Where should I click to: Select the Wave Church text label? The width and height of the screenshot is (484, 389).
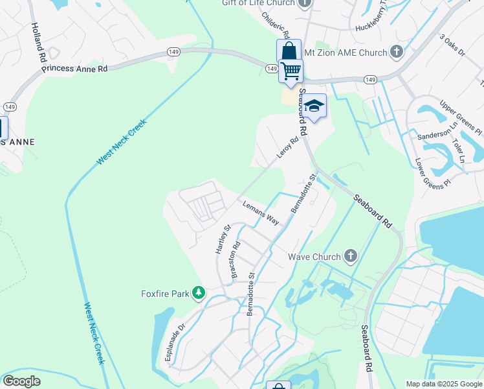pyautogui.click(x=314, y=257)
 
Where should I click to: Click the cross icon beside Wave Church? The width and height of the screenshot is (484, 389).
pyautogui.click(x=350, y=256)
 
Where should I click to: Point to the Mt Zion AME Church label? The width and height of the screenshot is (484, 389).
pyautogui.click(x=355, y=52)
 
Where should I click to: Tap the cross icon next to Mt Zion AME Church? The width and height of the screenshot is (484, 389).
pyautogui.click(x=397, y=52)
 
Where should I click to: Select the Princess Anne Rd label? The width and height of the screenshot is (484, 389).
pyautogui.click(x=76, y=67)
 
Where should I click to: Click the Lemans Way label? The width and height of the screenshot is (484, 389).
pyautogui.click(x=261, y=213)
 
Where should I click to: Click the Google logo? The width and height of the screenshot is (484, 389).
pyautogui.click(x=21, y=381)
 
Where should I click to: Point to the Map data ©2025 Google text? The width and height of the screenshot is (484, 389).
pyautogui.click(x=443, y=384)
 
